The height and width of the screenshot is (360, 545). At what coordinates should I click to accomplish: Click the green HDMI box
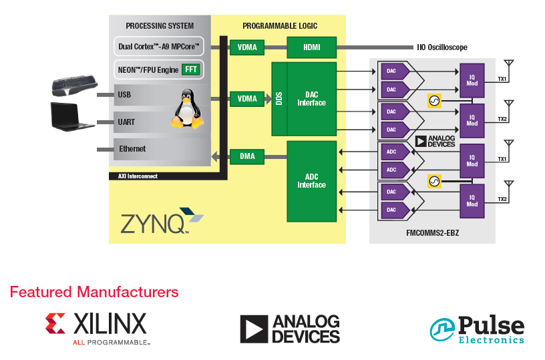click(x=312, y=47)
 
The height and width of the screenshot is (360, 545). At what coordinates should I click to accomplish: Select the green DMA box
click(x=247, y=157)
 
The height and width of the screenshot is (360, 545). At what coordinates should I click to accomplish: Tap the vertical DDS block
click(x=279, y=98)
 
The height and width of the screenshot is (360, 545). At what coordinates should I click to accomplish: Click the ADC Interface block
click(x=311, y=181)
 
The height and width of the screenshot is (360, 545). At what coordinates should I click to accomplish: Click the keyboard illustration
click(x=74, y=86)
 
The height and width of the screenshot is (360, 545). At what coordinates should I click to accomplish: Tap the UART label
click(x=126, y=122)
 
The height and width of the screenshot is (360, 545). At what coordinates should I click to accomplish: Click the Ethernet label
click(x=132, y=149)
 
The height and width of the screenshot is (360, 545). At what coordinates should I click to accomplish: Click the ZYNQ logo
click(x=161, y=222)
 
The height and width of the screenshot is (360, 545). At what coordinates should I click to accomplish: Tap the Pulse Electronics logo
click(x=477, y=329)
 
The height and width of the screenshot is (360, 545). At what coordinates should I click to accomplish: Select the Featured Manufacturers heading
click(x=94, y=292)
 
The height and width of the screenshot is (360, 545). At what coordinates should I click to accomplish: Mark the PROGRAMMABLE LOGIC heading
click(x=280, y=26)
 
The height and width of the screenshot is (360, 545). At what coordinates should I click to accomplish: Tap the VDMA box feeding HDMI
click(x=247, y=47)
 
